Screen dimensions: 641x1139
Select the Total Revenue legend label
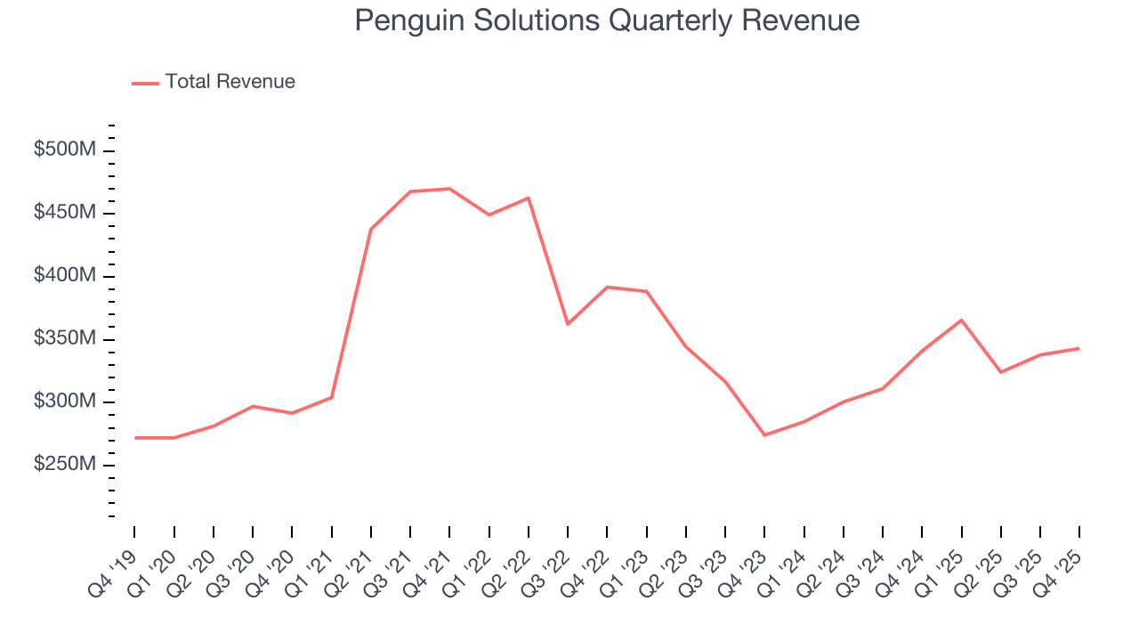click(x=230, y=82)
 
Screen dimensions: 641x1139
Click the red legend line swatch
click(x=145, y=83)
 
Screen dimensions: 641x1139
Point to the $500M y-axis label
click(x=64, y=150)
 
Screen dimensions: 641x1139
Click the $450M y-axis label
click(x=64, y=214)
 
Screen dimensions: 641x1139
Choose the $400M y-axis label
click(x=64, y=276)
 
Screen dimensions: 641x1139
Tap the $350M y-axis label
click(x=64, y=339)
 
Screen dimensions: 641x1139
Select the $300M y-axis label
click(x=64, y=402)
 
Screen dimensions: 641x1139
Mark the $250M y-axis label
click(x=64, y=465)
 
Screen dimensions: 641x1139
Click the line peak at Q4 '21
click(x=449, y=189)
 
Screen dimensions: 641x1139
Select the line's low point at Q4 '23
click(x=764, y=435)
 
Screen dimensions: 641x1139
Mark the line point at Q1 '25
click(x=961, y=320)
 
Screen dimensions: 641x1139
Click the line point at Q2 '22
click(x=529, y=198)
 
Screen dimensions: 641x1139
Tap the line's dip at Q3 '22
click(x=568, y=324)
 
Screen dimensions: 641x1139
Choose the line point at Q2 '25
click(x=1001, y=372)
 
